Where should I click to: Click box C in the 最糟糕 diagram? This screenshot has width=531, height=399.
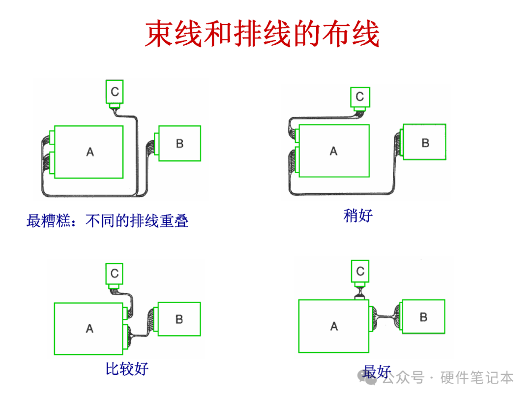[x=115, y=92]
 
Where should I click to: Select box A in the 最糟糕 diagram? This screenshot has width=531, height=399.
[x=88, y=152]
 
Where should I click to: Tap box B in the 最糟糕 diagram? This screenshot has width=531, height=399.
[x=179, y=143]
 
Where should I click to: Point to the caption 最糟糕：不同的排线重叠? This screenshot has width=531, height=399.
[x=108, y=220]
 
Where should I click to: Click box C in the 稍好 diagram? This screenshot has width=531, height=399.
[x=360, y=97]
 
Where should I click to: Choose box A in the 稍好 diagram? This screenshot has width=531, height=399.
[x=334, y=151]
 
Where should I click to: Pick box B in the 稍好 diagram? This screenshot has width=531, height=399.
[x=424, y=142]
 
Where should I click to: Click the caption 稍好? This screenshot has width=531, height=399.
[x=358, y=215]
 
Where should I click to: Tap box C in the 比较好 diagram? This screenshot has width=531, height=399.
[x=115, y=274]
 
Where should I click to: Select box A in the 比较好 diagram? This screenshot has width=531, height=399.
[x=88, y=329]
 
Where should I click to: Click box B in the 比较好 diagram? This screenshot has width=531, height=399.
[x=179, y=319]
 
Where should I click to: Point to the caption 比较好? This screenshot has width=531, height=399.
[x=127, y=368]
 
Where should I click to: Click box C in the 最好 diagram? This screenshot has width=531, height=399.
[x=360, y=271]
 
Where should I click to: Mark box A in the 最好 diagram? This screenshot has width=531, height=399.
[x=334, y=326]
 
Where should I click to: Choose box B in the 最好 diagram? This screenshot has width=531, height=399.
[x=423, y=317]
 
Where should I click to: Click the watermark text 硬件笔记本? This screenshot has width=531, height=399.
[x=477, y=378]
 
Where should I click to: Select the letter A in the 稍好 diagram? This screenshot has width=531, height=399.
[x=334, y=151]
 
